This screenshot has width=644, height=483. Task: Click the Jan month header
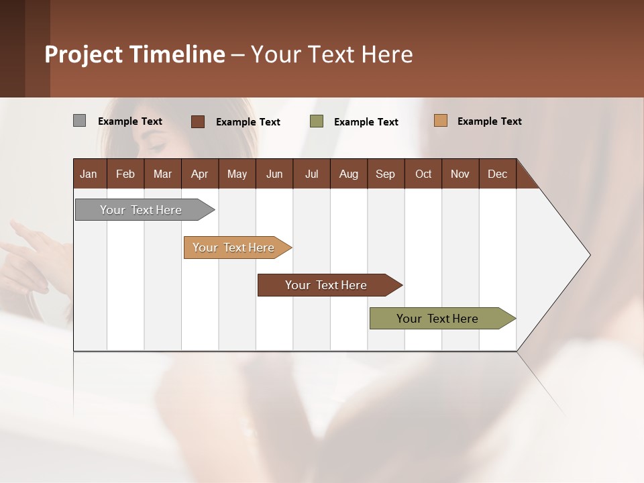[89, 174]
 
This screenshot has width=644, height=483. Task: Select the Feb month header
[125, 174]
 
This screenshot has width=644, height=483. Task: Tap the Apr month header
[199, 174]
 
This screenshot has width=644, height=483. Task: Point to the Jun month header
[274, 174]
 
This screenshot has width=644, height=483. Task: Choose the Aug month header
[348, 174]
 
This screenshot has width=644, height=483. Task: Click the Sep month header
[385, 174]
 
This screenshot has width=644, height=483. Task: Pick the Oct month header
[423, 174]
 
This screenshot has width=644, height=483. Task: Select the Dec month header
[497, 174]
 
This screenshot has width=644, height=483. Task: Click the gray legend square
[80, 121]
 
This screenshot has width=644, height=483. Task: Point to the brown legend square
[198, 121]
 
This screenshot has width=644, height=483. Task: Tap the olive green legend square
[317, 121]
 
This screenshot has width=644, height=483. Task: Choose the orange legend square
[441, 121]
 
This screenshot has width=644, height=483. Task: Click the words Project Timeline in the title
[135, 54]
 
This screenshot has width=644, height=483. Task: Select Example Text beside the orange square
[489, 121]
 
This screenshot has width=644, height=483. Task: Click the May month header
[237, 174]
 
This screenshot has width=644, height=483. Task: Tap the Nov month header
[460, 174]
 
